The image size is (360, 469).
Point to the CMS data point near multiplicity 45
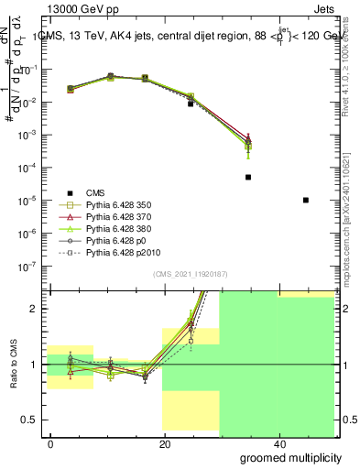coord(305,200)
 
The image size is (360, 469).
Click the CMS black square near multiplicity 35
coord(248,177)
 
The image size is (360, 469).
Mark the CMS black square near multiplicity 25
coord(191,104)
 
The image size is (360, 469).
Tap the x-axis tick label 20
coord(164,444)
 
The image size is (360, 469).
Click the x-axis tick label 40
coord(278,444)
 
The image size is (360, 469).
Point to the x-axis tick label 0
coord(50,444)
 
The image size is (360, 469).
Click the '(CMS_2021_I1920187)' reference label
coord(190,274)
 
